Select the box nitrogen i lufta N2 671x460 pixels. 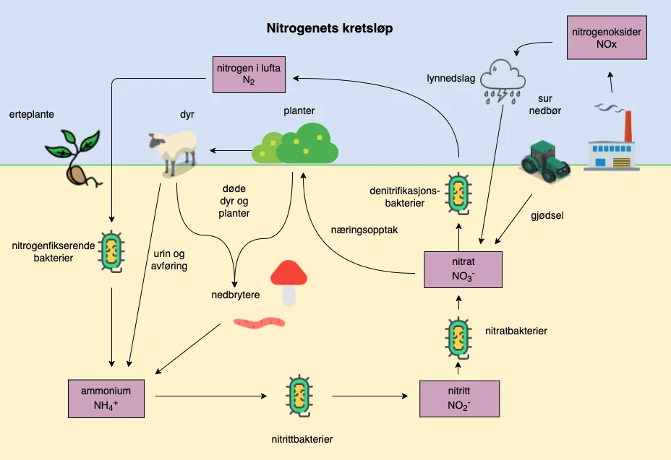tap(247, 74)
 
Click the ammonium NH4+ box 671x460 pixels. tap(111, 398)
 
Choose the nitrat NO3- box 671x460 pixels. tap(462, 269)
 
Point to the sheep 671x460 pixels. tap(174, 149)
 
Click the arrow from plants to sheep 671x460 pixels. tap(228, 151)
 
